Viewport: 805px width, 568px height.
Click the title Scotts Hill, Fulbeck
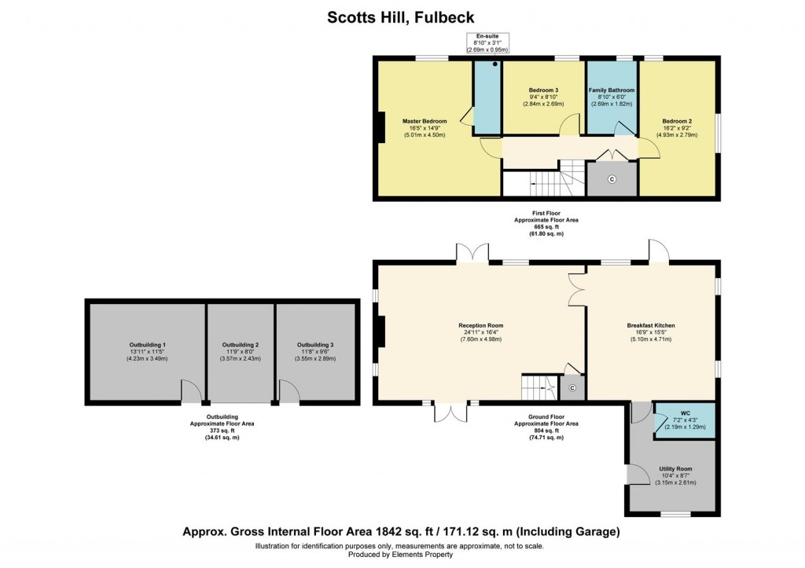coord(402,16)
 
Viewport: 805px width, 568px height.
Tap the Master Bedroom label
coord(425,121)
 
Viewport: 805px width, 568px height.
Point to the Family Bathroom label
coord(612,90)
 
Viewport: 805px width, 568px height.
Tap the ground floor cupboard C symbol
coord(572,388)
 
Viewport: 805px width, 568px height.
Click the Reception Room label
coord(481,325)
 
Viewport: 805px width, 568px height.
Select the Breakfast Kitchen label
coord(651,325)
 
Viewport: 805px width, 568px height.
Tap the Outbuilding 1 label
coord(148,345)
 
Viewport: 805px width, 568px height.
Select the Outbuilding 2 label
coord(241,345)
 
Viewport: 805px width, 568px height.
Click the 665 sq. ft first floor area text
coord(539,228)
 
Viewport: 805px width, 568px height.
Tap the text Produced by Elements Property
coord(402,555)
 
